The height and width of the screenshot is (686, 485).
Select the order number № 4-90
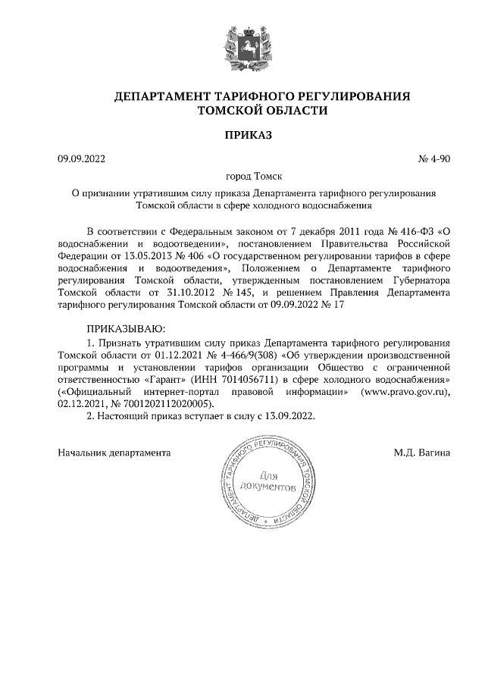(x=434, y=159)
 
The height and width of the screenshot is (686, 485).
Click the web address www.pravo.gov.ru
(x=405, y=390)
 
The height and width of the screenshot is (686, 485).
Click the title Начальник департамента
(x=114, y=453)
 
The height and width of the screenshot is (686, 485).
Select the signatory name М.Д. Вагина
(x=422, y=453)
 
